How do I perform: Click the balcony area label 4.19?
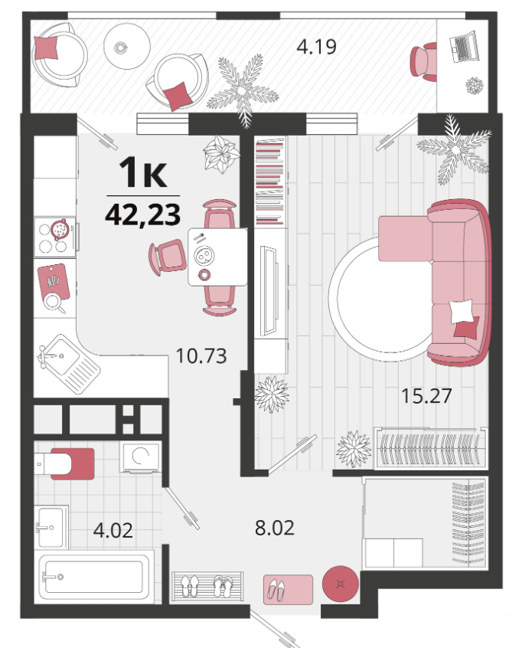tap(317, 47)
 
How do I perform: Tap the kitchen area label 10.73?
tap(201, 356)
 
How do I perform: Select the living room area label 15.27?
tap(426, 396)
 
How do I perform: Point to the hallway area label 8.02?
tap(275, 528)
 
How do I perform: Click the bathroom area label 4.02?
tap(113, 530)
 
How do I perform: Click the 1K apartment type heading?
tap(143, 172)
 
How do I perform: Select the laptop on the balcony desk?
tap(464, 46)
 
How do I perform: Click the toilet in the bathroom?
tap(64, 463)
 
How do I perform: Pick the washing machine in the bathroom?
tap(140, 457)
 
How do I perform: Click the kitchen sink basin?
tap(59, 355)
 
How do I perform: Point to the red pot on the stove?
tap(60, 230)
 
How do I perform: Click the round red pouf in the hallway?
tap(340, 584)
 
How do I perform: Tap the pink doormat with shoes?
tap(288, 589)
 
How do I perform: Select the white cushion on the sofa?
tap(461, 311)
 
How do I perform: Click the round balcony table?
tap(126, 46)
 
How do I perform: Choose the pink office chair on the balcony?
tap(423, 62)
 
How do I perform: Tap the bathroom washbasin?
tap(51, 527)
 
